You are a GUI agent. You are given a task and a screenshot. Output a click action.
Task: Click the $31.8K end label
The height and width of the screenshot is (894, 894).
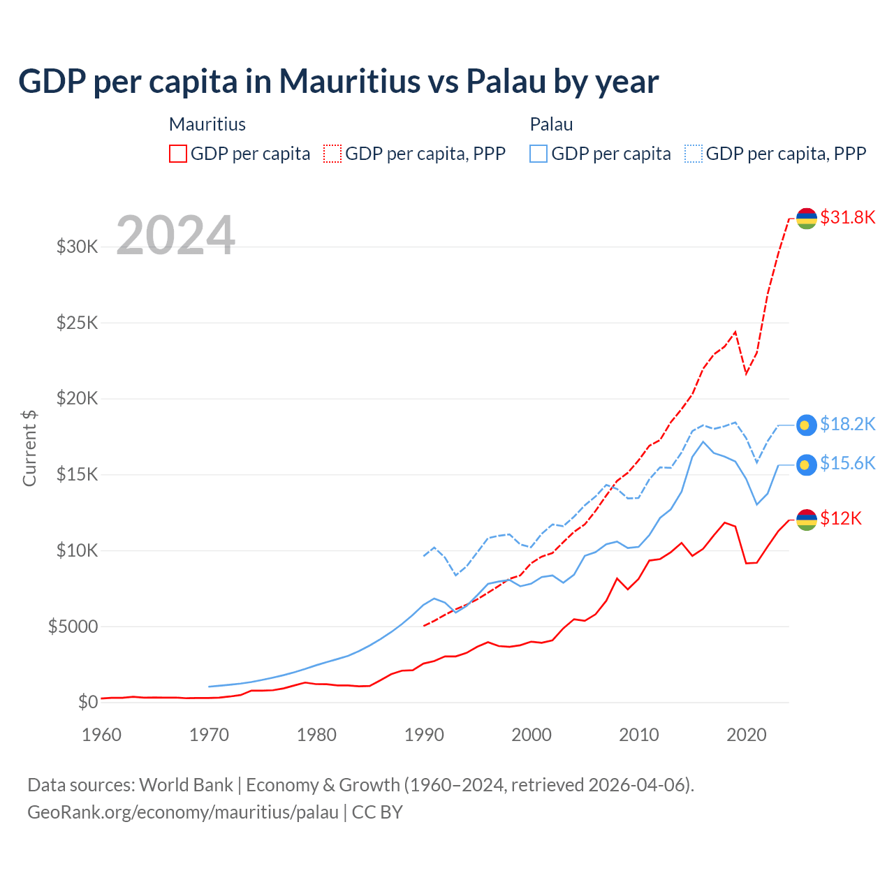tap(847, 217)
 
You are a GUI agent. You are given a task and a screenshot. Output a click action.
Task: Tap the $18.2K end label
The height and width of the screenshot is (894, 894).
tap(847, 424)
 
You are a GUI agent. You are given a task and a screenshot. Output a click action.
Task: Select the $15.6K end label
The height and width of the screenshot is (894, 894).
tap(847, 463)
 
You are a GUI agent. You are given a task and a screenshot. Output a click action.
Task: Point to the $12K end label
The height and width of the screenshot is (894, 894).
tap(841, 518)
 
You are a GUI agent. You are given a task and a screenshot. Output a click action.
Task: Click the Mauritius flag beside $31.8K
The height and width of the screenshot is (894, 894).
tap(807, 218)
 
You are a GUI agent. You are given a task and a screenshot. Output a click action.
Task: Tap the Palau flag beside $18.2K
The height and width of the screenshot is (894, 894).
tap(807, 425)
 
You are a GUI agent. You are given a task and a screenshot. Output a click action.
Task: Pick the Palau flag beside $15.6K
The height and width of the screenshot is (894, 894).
tap(807, 464)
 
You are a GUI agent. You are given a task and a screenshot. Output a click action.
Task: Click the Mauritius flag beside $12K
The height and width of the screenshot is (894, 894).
tap(807, 520)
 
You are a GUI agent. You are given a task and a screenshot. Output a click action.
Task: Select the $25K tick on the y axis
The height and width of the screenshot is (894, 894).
tap(77, 323)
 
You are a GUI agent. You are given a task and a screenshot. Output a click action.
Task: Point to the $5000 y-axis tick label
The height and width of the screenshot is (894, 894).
tap(73, 626)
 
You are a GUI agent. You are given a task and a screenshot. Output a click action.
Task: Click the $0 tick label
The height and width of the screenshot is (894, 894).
tap(87, 702)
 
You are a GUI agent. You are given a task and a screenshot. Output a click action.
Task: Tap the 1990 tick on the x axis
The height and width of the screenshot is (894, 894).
tap(424, 735)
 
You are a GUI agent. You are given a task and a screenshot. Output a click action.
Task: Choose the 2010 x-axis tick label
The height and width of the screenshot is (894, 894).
tap(639, 735)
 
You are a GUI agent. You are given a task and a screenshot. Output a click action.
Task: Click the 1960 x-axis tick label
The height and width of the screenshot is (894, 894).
tap(102, 735)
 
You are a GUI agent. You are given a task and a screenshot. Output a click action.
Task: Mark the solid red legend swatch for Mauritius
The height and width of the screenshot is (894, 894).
tap(178, 154)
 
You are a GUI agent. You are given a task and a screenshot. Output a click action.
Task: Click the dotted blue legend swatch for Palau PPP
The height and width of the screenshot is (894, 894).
tap(694, 154)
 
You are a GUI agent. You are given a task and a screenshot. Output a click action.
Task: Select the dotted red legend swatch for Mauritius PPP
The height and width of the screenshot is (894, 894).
tap(332, 154)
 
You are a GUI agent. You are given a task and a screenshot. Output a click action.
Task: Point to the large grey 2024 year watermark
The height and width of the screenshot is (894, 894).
tap(175, 235)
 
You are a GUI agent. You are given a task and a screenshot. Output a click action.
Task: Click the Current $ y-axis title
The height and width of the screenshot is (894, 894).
tap(29, 448)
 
